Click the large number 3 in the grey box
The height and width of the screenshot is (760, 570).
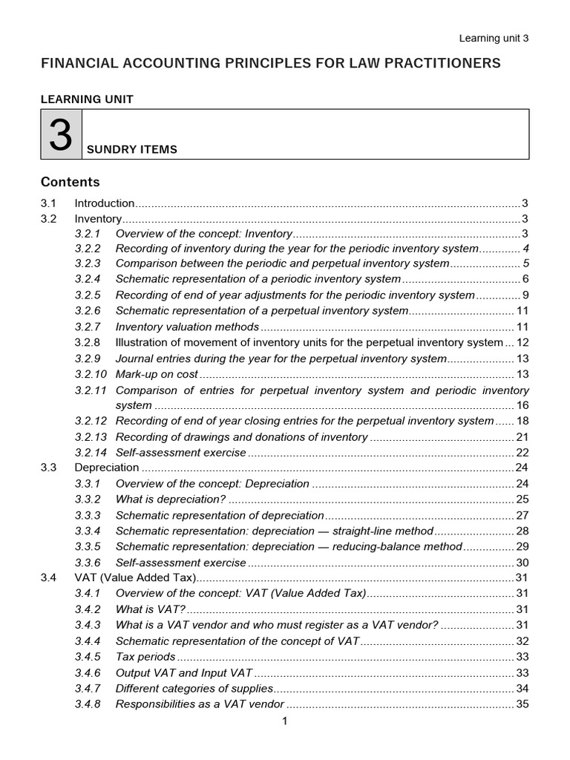pyautogui.click(x=61, y=134)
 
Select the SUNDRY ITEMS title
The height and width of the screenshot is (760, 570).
pyautogui.click(x=132, y=149)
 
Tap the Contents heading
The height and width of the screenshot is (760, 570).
pyautogui.click(x=70, y=182)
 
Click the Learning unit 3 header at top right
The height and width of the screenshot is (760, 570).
pyautogui.click(x=494, y=39)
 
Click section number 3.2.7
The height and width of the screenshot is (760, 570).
pyautogui.click(x=88, y=327)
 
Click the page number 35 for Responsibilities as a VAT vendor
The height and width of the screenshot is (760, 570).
pyautogui.click(x=522, y=704)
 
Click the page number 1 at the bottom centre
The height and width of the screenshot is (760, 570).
pyautogui.click(x=284, y=721)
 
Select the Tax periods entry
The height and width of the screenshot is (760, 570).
pyautogui.click(x=145, y=656)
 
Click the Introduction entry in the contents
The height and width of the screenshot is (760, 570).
pyautogui.click(x=105, y=203)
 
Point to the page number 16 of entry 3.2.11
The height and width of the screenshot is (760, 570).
pyautogui.click(x=522, y=405)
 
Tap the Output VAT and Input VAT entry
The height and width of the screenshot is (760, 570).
pyautogui.click(x=184, y=672)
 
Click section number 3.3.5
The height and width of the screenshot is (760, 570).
pyautogui.click(x=88, y=546)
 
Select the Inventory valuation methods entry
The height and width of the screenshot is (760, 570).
pyautogui.click(x=187, y=327)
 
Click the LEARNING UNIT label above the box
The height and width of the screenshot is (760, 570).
pyautogui.click(x=87, y=99)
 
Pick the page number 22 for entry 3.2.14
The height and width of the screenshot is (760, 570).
pyautogui.click(x=522, y=452)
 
